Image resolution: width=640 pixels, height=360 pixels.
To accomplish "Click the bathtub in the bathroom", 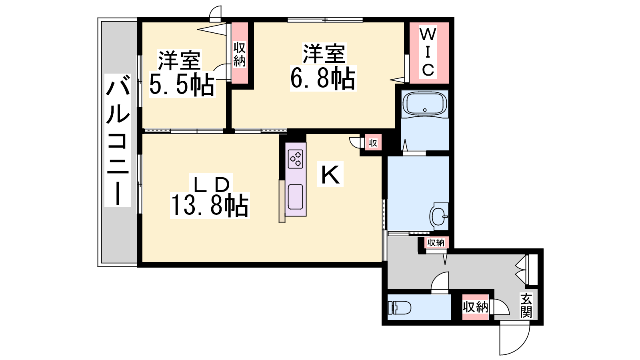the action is [x=424, y=104].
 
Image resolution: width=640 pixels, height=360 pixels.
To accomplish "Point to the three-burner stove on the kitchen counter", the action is [x=296, y=159].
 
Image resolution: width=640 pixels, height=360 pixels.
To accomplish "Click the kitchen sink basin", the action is [x=296, y=197].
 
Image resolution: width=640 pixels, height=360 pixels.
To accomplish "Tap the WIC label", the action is [x=428, y=52].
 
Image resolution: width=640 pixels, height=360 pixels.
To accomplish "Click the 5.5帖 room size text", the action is [x=182, y=85].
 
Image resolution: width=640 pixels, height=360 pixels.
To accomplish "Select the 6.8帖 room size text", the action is [x=323, y=78].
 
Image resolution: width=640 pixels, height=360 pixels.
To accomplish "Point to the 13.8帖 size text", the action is [x=210, y=205].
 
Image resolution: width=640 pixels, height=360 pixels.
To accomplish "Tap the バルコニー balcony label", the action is [x=118, y=140].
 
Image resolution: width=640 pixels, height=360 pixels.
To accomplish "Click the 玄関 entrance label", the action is [x=526, y=306].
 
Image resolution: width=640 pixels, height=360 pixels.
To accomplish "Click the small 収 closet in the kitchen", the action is [x=373, y=142].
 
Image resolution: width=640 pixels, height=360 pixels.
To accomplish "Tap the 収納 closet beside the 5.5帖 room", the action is [x=240, y=54].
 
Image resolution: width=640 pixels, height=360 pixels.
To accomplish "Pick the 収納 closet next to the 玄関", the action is [x=476, y=307].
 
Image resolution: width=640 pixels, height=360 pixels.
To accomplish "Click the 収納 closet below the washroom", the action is [x=436, y=242].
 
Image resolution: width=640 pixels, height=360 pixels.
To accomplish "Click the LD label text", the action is [x=212, y=184].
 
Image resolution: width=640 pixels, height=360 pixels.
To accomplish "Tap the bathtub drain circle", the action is [x=425, y=110].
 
